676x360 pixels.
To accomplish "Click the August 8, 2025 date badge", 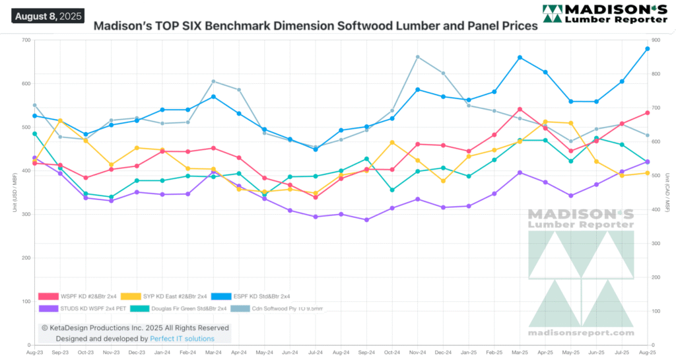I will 48,15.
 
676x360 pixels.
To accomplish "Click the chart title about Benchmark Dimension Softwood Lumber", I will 316,27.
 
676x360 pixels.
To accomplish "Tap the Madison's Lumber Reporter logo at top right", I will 604,14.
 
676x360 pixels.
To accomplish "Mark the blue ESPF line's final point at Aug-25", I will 648,49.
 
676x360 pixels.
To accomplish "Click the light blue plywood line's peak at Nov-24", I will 418,57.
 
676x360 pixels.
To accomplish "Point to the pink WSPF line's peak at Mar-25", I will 520,109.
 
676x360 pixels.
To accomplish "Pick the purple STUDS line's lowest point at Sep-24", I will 367,220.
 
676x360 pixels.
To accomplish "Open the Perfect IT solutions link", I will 182,338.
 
